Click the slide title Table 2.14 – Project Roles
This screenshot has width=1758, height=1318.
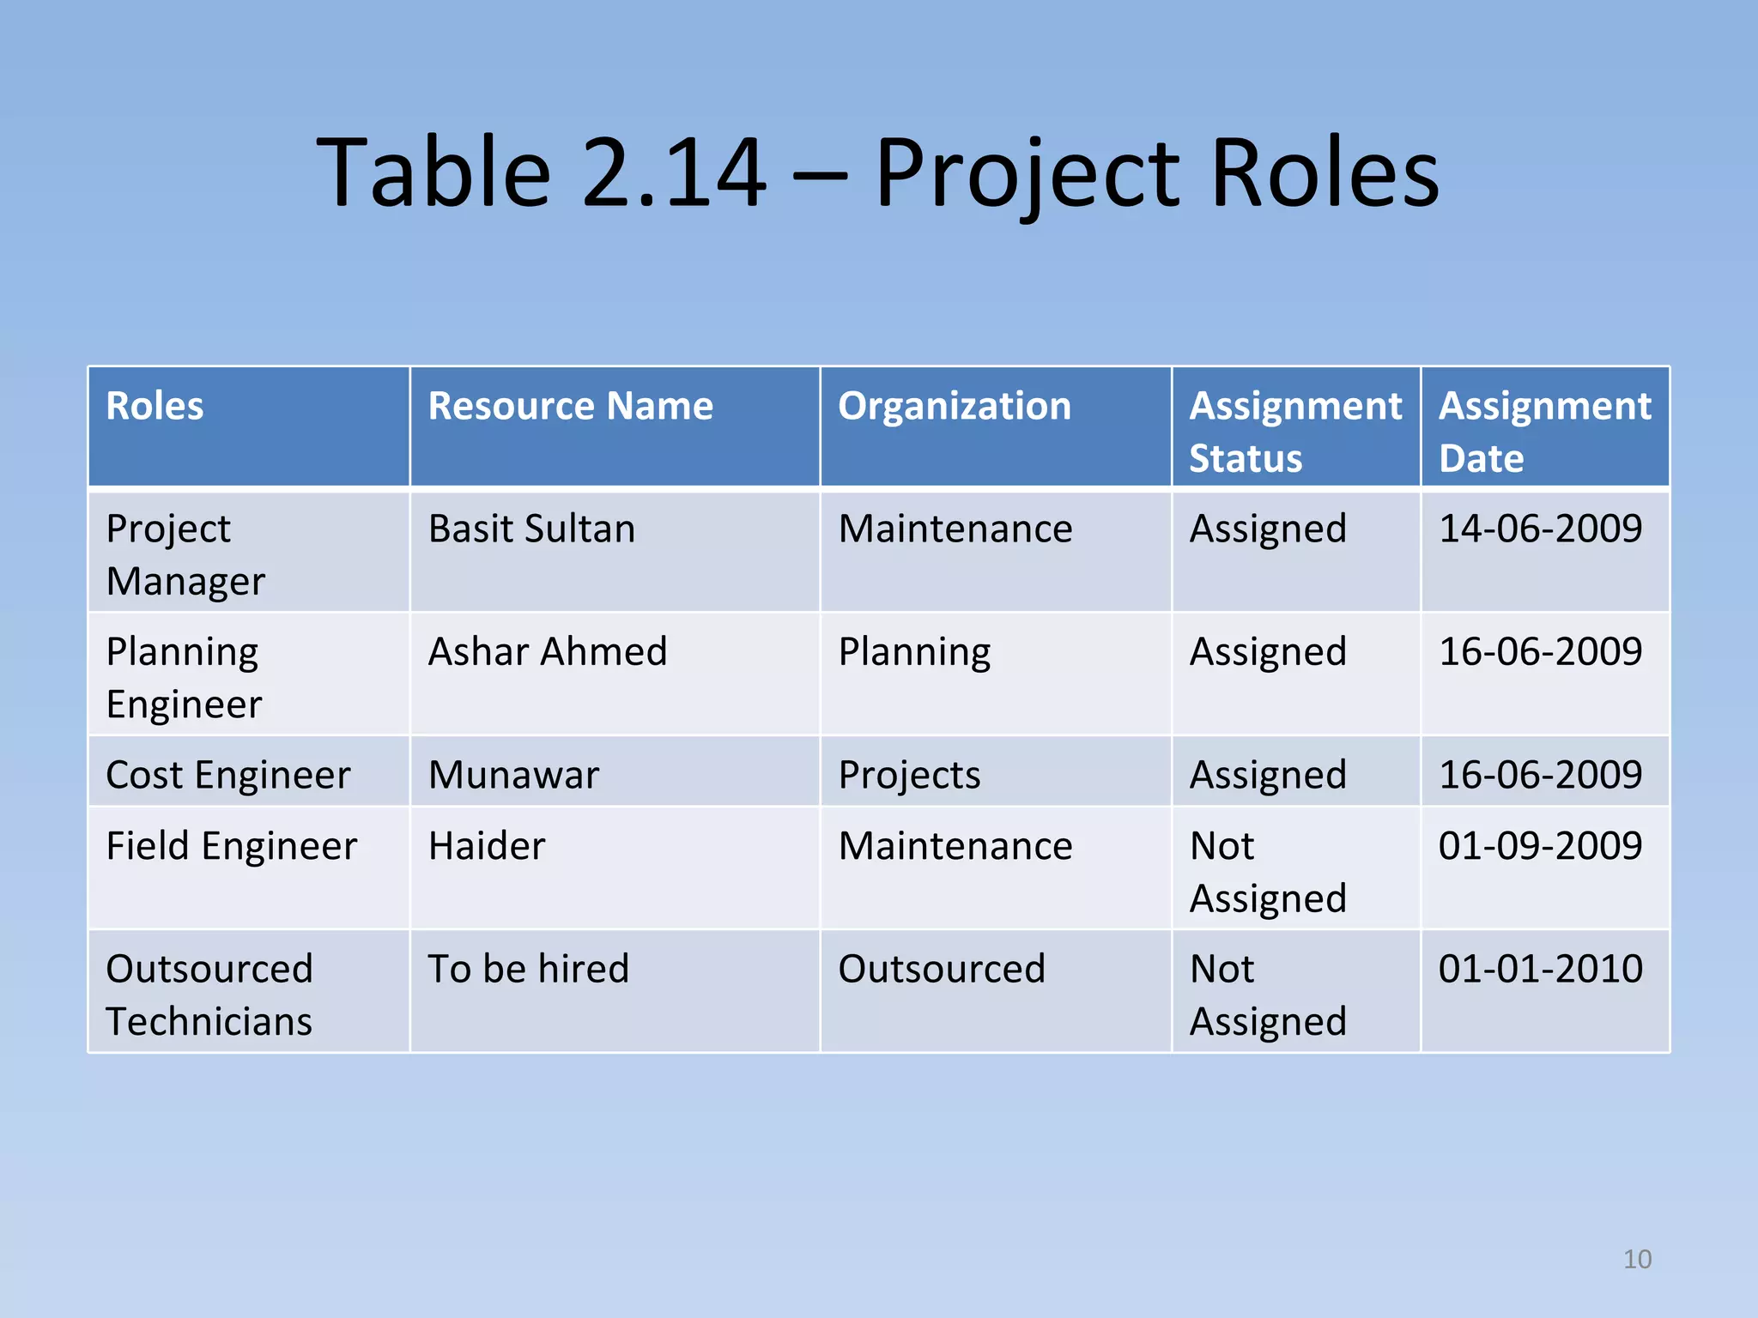click(x=877, y=173)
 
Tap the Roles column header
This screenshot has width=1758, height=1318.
click(x=155, y=406)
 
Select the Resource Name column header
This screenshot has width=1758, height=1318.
click(x=570, y=406)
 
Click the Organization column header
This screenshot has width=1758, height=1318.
click(x=954, y=406)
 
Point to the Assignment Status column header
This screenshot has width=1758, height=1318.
click(x=1294, y=431)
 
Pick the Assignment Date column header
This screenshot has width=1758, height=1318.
click(x=1544, y=431)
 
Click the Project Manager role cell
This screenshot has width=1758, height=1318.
click(x=185, y=554)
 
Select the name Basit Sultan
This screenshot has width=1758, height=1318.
click(x=531, y=529)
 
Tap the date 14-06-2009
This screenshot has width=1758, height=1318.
click(x=1540, y=529)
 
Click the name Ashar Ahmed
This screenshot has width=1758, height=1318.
click(x=548, y=651)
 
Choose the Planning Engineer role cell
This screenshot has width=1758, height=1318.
click(x=184, y=677)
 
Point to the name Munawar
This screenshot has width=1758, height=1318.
click(x=513, y=775)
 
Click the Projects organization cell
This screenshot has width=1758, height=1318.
click(x=909, y=775)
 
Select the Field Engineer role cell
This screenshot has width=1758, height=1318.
click(x=231, y=846)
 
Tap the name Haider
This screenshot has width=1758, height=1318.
click(x=487, y=846)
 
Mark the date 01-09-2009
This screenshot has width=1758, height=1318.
click(x=1540, y=846)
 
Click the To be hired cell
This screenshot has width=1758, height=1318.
click(x=528, y=969)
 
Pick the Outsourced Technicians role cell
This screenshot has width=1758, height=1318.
click(x=209, y=995)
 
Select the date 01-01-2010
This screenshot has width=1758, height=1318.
click(x=1540, y=969)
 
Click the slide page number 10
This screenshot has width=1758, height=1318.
click(x=1637, y=1259)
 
